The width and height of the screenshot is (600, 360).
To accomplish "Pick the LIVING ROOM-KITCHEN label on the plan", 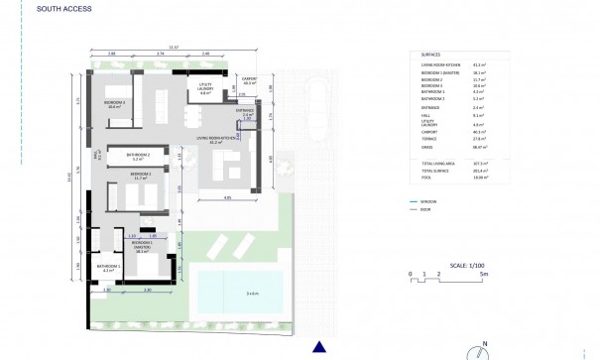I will [215, 139].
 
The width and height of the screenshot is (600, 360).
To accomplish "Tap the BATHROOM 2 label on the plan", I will [138, 156].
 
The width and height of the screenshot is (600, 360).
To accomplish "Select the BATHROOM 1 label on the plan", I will [108, 268].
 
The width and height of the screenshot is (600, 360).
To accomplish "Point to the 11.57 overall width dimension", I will [175, 47].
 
